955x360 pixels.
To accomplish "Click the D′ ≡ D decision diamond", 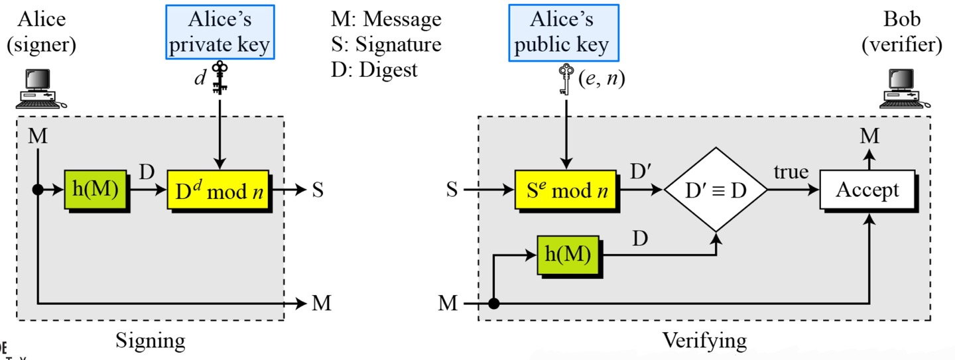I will [x=715, y=190].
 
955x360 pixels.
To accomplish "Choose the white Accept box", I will [x=867, y=190].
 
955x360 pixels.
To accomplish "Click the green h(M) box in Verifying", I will [x=568, y=255].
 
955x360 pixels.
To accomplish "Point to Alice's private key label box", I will [x=220, y=32].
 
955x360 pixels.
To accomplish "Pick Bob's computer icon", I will [x=902, y=89].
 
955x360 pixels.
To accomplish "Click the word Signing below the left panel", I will [x=151, y=341].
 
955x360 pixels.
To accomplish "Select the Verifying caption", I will [x=704, y=341].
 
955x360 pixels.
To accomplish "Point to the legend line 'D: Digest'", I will [x=375, y=69].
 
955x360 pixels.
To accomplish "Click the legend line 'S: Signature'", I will [x=386, y=44].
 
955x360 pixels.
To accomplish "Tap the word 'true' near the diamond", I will [x=791, y=173].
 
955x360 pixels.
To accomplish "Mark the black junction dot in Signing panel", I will [x=38, y=190].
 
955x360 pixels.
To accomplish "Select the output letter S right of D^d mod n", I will [x=318, y=190].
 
